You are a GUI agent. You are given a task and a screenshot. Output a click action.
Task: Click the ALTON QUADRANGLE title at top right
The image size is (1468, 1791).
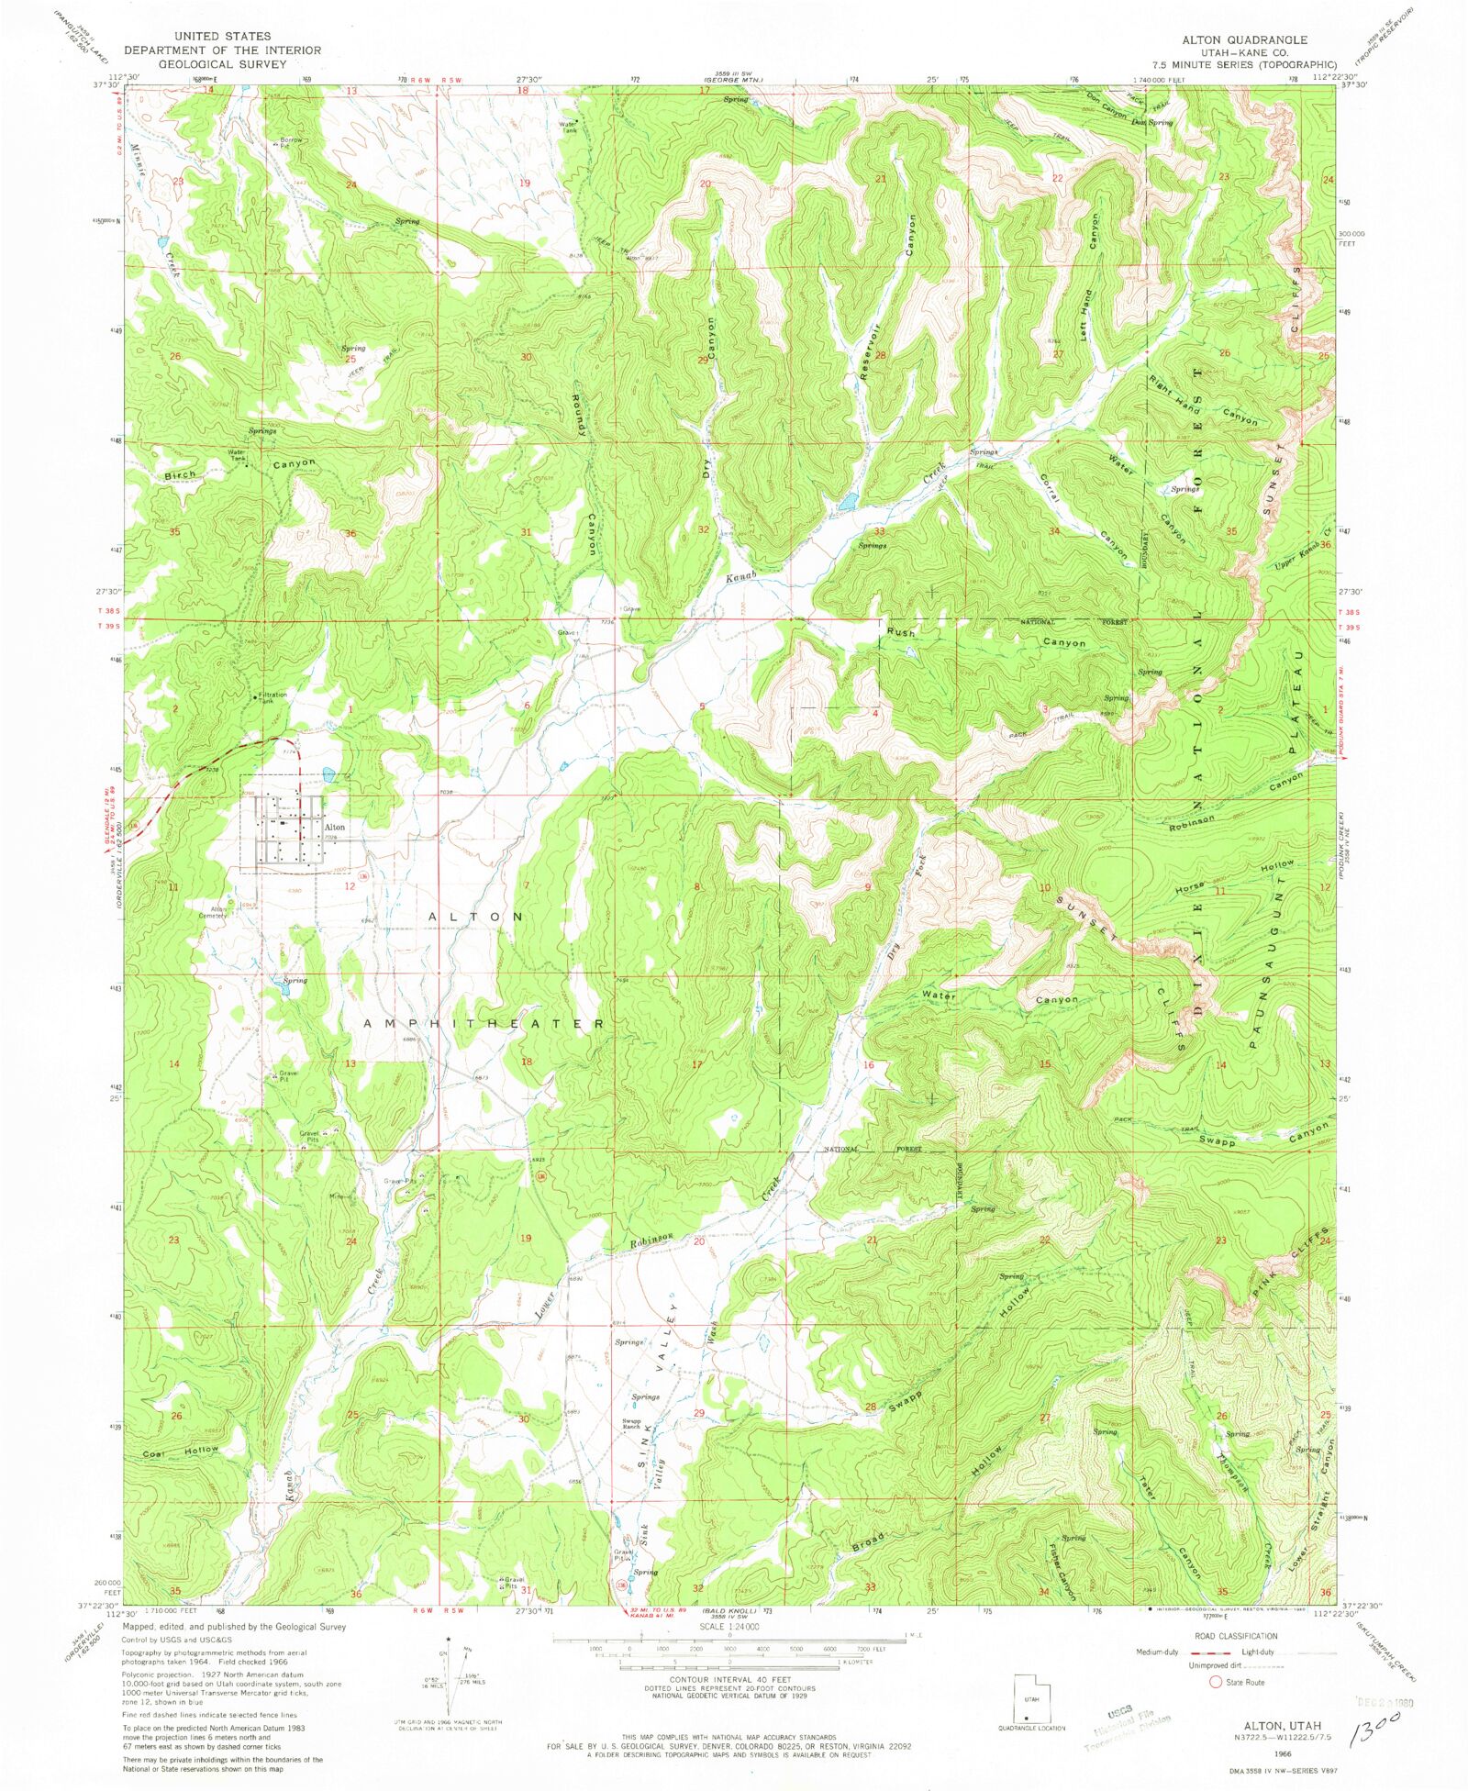(x=1243, y=40)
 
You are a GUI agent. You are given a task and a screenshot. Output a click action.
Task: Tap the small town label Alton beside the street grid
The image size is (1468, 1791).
(x=335, y=827)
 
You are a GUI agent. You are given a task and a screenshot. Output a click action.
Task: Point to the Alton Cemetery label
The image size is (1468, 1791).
(x=212, y=912)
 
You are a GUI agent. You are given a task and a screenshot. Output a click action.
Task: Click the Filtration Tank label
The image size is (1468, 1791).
(x=272, y=698)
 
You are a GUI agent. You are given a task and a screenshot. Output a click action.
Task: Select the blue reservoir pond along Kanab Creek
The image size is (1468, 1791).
(x=847, y=502)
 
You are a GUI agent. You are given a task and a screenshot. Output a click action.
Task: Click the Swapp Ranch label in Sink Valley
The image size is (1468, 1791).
(x=631, y=1425)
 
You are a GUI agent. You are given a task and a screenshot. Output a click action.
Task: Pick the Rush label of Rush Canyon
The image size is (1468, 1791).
(x=901, y=633)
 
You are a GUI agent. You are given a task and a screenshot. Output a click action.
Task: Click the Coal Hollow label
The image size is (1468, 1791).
(x=181, y=1452)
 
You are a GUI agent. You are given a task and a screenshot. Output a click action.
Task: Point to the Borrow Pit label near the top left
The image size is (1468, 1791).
(x=291, y=143)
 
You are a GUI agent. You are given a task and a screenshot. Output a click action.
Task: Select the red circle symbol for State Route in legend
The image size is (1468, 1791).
(x=1216, y=1682)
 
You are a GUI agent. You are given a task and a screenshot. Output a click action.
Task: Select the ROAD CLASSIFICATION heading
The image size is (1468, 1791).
(x=1235, y=1636)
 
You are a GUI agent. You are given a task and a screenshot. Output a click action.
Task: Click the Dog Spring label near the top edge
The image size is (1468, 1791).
(x=1152, y=122)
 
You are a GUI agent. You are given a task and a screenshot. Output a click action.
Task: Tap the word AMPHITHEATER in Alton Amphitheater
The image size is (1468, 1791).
(x=484, y=1023)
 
